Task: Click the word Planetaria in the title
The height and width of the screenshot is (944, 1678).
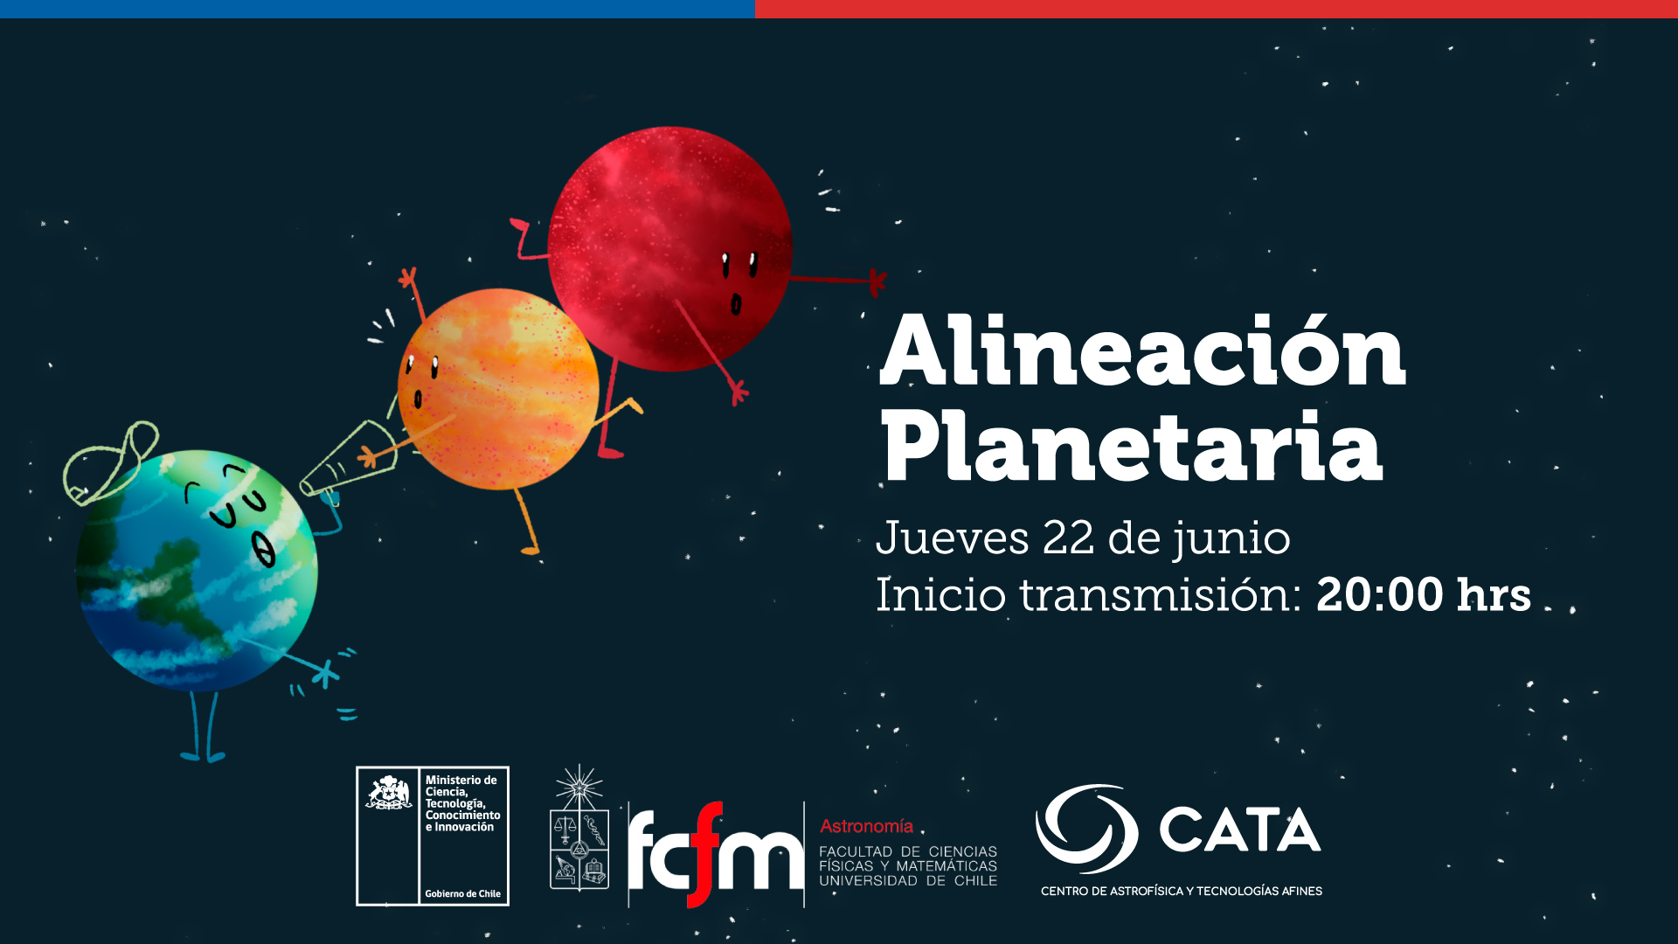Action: [1132, 446]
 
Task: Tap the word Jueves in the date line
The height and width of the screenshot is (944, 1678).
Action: [952, 538]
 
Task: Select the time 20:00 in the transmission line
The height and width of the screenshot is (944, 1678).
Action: [1380, 594]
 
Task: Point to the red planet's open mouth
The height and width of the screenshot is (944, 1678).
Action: [736, 303]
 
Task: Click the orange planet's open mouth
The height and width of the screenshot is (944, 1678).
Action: [418, 399]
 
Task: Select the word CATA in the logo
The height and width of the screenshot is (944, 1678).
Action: [1239, 829]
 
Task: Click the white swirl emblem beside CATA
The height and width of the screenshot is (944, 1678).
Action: [1086, 829]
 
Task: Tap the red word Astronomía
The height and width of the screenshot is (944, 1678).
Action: [866, 826]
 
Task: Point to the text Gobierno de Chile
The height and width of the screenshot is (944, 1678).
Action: [462, 893]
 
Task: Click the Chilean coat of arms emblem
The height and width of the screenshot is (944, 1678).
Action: [389, 793]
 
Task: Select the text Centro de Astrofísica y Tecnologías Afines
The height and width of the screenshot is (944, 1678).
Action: [1182, 891]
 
